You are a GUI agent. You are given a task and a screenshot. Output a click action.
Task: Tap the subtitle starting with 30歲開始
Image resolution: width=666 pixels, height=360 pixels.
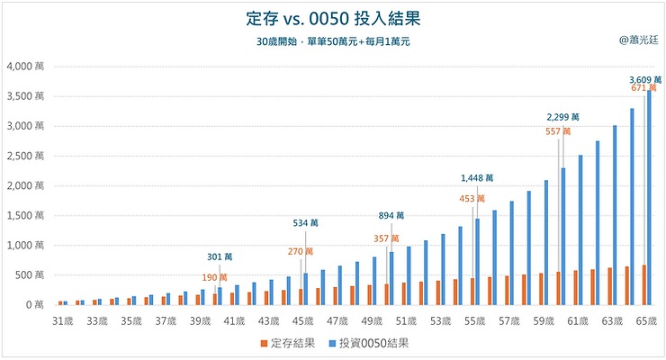[x=332, y=42]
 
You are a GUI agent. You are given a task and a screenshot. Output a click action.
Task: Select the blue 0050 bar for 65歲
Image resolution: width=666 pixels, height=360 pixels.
[x=649, y=198]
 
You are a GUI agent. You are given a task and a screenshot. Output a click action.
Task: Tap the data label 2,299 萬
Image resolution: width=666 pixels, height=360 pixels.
[x=563, y=117]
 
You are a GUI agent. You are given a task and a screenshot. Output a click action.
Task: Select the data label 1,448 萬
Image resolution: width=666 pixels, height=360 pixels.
[x=477, y=178]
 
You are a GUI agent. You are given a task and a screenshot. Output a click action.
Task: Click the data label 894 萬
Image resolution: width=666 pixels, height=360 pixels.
[x=391, y=216]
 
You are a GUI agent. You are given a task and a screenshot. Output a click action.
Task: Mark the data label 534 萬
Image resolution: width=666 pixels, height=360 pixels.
[x=305, y=222]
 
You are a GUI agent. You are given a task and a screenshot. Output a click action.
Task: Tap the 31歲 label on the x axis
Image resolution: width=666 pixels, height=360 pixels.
[x=64, y=320]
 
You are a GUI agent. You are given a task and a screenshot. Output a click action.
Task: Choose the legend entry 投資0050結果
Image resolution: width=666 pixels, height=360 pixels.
[x=381, y=343]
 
